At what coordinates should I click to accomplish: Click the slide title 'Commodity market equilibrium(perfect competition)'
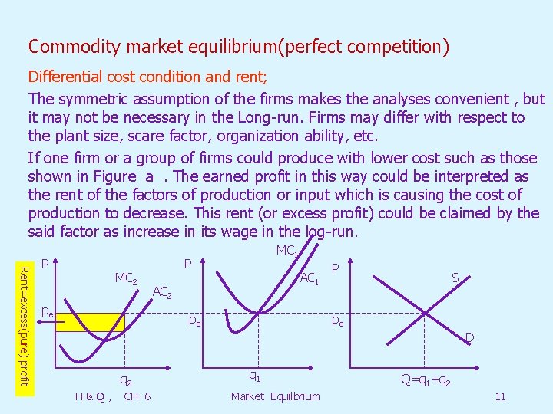[x=238, y=47]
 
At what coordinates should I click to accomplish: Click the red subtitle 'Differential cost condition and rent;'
[x=136, y=77]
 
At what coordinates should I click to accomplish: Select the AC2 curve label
[x=162, y=291]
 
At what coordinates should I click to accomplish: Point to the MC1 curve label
[x=286, y=251]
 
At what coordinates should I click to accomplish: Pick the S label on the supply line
[x=455, y=279]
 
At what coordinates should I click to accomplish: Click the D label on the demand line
[x=469, y=337]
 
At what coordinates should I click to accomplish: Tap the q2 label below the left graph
[x=125, y=379]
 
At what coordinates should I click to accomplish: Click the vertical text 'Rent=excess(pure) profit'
[x=24, y=325]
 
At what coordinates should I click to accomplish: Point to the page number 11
[x=500, y=396]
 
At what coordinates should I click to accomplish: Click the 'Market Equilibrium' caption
[x=275, y=396]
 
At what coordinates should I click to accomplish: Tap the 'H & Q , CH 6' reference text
[x=113, y=396]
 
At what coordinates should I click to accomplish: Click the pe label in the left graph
[x=47, y=313]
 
